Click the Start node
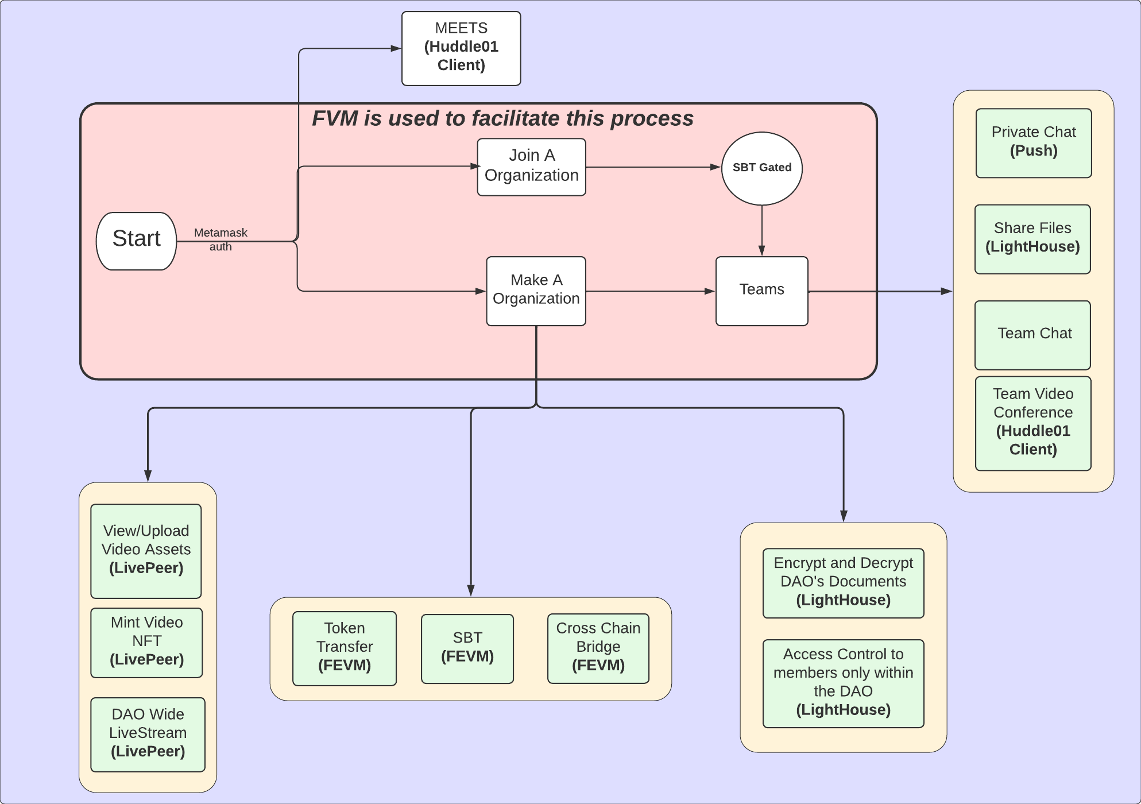click(x=136, y=241)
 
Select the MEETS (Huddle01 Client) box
click(x=461, y=48)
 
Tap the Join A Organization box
click(x=531, y=167)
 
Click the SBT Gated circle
click(x=761, y=168)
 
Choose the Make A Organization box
click(x=536, y=291)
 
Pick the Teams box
click(x=761, y=291)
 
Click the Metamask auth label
click(x=221, y=239)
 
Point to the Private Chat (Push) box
click(x=1034, y=143)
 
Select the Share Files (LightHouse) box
click(x=1032, y=239)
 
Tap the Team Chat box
click(x=1032, y=335)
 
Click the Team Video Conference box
click(x=1033, y=423)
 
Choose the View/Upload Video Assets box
click(x=146, y=551)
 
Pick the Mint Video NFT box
click(x=146, y=642)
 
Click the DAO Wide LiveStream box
click(x=148, y=734)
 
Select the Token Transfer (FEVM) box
click(x=345, y=648)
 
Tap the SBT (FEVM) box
click(x=467, y=648)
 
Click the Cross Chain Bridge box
click(x=598, y=648)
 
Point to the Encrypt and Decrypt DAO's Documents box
click(x=843, y=582)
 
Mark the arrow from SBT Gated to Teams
click(x=761, y=230)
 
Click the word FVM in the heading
click(x=335, y=119)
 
